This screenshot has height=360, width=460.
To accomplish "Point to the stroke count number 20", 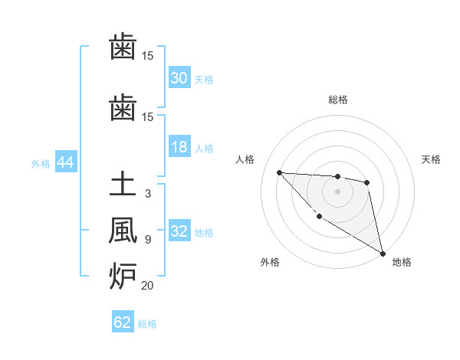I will (x=147, y=286).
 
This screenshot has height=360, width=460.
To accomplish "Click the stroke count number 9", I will (x=147, y=240).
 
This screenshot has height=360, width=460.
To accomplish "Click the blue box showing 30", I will (x=179, y=78).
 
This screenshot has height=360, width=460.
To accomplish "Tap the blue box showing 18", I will (x=179, y=147).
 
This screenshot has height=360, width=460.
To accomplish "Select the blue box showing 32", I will (x=179, y=231).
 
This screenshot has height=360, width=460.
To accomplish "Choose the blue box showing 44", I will (x=65, y=162).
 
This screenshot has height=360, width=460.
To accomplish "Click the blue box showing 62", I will (x=123, y=322).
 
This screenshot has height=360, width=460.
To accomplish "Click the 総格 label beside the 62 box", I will (x=147, y=324).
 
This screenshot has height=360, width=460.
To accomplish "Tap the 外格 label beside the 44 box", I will (x=41, y=163).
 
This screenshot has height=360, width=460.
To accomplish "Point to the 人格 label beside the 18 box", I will (x=204, y=148).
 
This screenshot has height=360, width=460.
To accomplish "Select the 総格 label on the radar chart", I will (x=337, y=100).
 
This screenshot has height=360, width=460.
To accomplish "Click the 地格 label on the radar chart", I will (x=401, y=262).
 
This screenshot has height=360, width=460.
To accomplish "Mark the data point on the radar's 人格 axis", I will (x=279, y=172).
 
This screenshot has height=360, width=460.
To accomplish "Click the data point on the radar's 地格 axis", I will (x=383, y=254).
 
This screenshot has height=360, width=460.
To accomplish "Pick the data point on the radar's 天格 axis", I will (x=367, y=182).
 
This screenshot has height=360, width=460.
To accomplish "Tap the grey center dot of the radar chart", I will (x=337, y=191).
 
